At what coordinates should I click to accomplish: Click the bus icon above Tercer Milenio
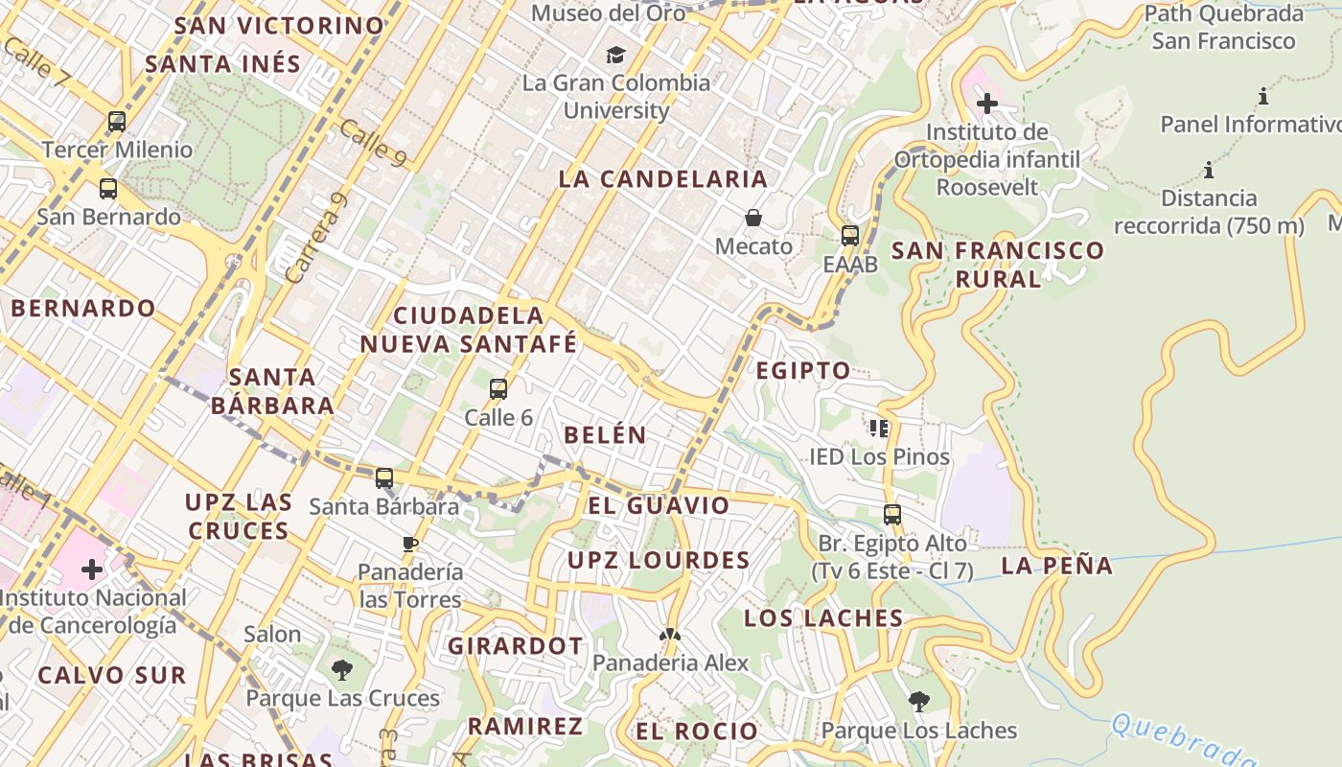[117, 122]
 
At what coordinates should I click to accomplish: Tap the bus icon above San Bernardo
[108, 189]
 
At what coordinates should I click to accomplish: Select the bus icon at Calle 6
[498, 389]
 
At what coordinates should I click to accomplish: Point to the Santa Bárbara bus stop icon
[384, 477]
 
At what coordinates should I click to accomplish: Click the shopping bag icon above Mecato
[754, 218]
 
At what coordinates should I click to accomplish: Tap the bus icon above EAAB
[849, 235]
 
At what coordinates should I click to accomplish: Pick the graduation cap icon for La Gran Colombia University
[615, 55]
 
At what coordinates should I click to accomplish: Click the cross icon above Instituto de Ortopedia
[987, 103]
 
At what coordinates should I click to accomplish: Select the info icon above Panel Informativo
[1263, 96]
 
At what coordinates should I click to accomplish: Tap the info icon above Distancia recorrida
[1209, 171]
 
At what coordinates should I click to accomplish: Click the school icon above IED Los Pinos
[879, 428]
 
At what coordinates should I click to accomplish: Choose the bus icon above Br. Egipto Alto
[892, 515]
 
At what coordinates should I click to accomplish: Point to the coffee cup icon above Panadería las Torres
[410, 545]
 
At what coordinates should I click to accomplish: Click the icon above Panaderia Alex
[670, 635]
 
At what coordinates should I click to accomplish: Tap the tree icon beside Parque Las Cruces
[341, 670]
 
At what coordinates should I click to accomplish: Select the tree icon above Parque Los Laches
[918, 702]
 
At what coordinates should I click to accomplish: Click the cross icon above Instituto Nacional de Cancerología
[92, 569]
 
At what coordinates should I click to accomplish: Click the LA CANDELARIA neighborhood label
[663, 179]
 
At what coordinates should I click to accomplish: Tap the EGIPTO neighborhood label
[803, 371]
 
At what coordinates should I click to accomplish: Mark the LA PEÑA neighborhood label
[1057, 566]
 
